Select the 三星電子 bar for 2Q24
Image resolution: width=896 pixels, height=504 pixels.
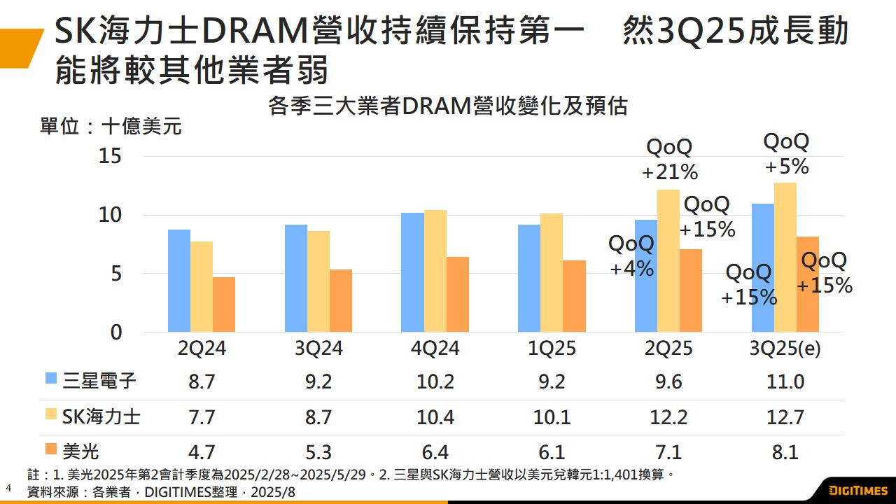click(x=179, y=281)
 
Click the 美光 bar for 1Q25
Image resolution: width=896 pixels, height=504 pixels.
click(x=575, y=296)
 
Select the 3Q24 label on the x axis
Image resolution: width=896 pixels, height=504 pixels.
click(x=318, y=348)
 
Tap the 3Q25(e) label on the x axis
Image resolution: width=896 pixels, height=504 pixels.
click(x=785, y=348)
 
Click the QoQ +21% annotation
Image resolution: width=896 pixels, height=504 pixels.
click(x=669, y=159)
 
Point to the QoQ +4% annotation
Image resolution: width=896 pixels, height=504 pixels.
click(x=631, y=255)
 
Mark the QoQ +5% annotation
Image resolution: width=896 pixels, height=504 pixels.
click(x=786, y=154)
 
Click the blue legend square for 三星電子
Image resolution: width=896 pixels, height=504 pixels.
click(x=51, y=379)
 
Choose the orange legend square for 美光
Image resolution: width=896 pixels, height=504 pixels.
click(x=51, y=449)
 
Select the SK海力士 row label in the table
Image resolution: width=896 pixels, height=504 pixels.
click(x=101, y=417)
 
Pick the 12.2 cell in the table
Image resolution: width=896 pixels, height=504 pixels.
click(x=668, y=417)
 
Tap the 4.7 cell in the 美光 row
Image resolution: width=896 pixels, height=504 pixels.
click(x=202, y=452)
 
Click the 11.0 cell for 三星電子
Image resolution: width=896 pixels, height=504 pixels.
click(x=785, y=382)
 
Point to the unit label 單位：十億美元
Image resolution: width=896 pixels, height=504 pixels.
click(x=111, y=127)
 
